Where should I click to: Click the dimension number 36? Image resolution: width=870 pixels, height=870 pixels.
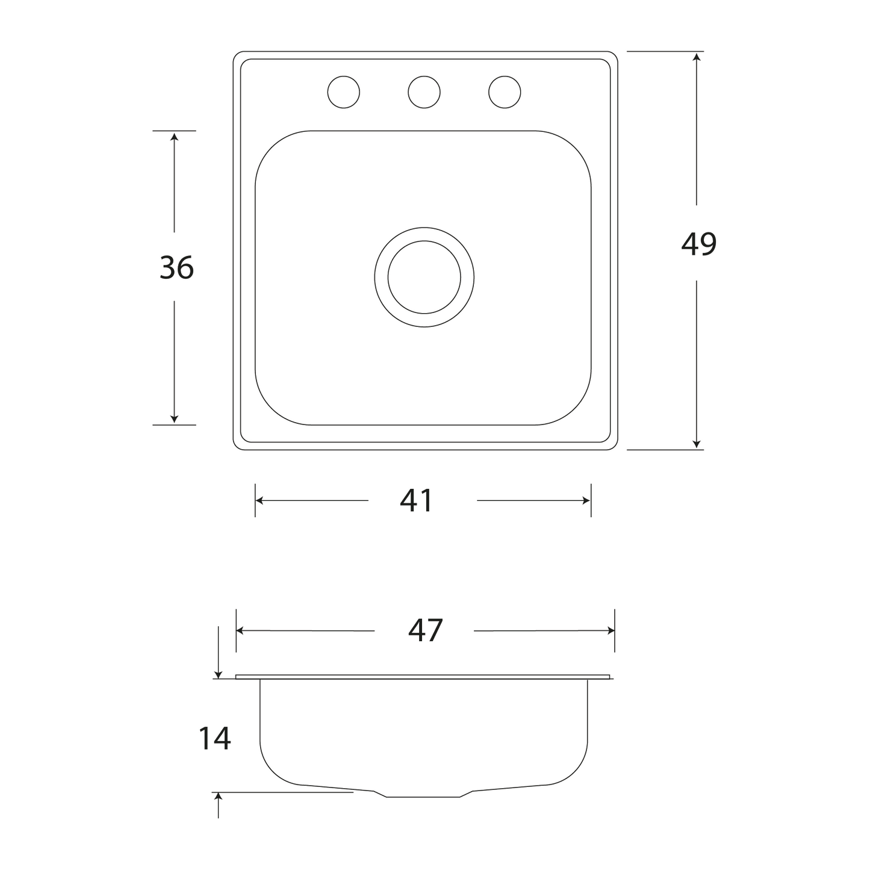click(x=176, y=267)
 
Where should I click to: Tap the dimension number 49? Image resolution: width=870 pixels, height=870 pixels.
click(x=698, y=244)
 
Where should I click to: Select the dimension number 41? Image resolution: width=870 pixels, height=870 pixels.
click(x=416, y=500)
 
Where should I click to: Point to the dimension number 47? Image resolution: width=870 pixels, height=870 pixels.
click(x=425, y=630)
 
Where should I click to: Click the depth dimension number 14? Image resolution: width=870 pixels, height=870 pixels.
click(x=214, y=738)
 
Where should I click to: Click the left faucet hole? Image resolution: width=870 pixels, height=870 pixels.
click(x=344, y=92)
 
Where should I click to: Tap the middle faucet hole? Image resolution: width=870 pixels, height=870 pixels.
click(x=424, y=92)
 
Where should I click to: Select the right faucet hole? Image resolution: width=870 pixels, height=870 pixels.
click(x=505, y=92)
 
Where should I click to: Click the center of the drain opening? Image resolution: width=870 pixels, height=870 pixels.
click(x=424, y=277)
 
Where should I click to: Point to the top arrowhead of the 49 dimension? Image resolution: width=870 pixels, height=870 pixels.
click(x=696, y=57)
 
